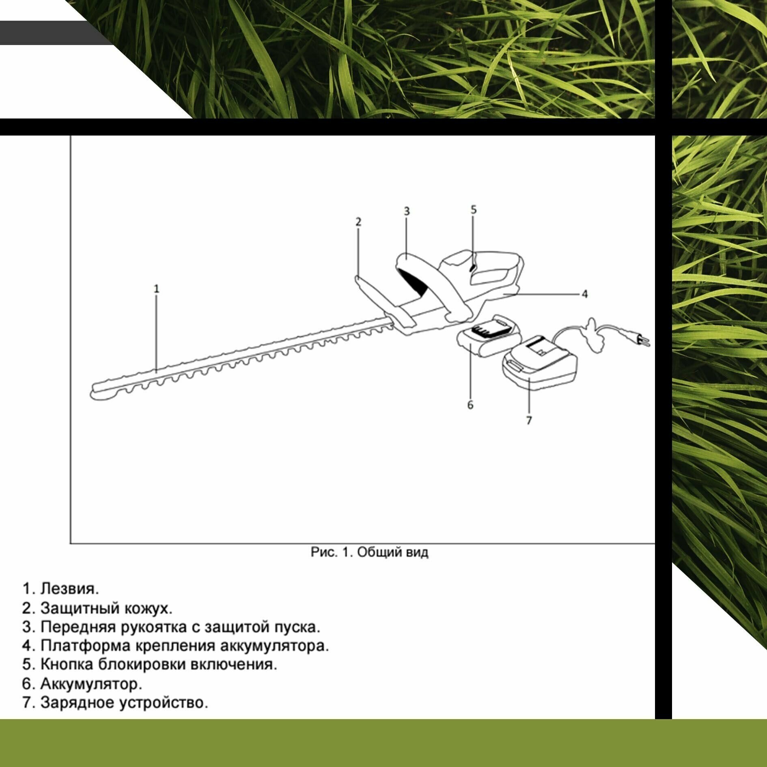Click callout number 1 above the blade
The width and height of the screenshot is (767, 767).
point(157,289)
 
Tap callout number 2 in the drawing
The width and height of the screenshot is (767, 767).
point(358,222)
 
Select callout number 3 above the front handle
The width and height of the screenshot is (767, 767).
point(407,211)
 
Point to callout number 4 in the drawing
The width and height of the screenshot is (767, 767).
point(584,294)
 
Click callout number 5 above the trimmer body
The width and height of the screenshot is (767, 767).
point(474,209)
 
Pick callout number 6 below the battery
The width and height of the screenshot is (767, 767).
point(470,405)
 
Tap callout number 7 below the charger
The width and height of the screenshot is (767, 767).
point(529,420)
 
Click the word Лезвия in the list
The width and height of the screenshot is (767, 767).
point(70,589)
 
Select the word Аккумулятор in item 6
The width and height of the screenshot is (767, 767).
point(91,684)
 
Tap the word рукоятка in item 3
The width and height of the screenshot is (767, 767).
point(154,627)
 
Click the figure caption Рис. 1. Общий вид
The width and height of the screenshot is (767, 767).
point(369,552)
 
